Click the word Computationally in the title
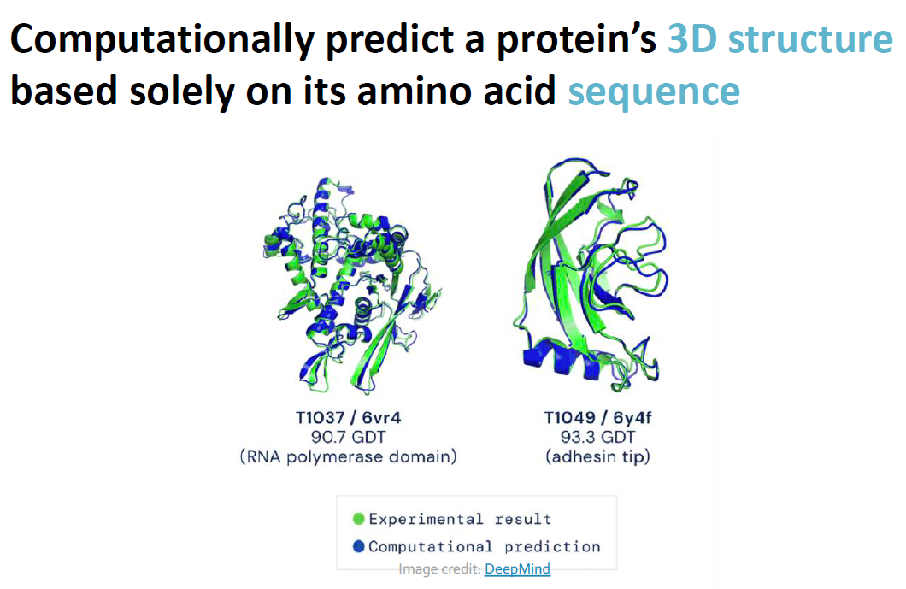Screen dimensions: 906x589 click(162, 39)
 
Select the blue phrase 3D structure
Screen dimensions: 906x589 click(780, 38)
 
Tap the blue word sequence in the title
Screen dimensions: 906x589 click(654, 91)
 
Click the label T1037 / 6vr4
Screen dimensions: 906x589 click(349, 417)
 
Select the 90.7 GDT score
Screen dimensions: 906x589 click(349, 437)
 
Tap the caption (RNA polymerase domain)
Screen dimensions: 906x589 click(349, 456)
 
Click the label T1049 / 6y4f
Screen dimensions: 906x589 click(598, 417)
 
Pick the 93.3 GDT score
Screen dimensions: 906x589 click(598, 437)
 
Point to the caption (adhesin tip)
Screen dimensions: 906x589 click(598, 456)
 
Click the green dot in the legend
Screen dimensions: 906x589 click(359, 519)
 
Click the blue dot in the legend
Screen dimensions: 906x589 click(359, 545)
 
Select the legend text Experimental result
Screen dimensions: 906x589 click(460, 519)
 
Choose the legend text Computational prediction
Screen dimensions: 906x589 click(485, 546)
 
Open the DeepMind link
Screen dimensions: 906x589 click(517, 568)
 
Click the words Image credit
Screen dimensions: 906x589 click(439, 568)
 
